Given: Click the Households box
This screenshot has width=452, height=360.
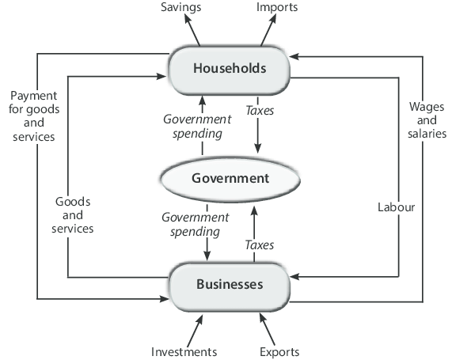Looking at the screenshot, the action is (x=230, y=70).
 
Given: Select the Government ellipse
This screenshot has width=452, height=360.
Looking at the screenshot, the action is (x=230, y=179).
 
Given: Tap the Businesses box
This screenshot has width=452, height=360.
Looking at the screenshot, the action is (x=230, y=286).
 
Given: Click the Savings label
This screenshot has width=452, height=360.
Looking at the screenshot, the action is (x=181, y=7).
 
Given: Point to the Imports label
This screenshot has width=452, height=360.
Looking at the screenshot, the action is (x=277, y=7).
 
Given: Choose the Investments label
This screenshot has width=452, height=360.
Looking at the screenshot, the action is (x=184, y=352).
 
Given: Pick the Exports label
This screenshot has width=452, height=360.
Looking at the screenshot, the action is (x=279, y=352).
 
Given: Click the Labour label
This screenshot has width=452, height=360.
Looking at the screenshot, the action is (x=396, y=207).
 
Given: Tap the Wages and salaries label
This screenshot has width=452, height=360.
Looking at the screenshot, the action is (x=427, y=120).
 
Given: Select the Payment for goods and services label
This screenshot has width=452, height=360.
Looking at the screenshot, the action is (x=34, y=116).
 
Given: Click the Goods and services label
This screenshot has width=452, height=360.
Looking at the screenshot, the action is (x=73, y=215).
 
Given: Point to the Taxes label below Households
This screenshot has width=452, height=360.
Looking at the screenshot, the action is (x=260, y=111).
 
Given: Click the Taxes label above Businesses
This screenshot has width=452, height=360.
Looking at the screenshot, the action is (x=260, y=245).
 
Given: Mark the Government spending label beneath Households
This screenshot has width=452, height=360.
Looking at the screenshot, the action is (x=197, y=127).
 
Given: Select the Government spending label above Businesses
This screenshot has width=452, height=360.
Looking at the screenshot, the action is (x=196, y=225).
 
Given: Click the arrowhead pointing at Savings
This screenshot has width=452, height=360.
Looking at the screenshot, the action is (x=188, y=18).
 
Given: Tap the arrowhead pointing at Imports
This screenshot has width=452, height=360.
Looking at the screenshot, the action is (x=272, y=19).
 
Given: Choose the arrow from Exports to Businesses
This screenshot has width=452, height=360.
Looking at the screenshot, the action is (x=268, y=329).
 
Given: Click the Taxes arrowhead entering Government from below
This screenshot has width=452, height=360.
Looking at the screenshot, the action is (x=254, y=211).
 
